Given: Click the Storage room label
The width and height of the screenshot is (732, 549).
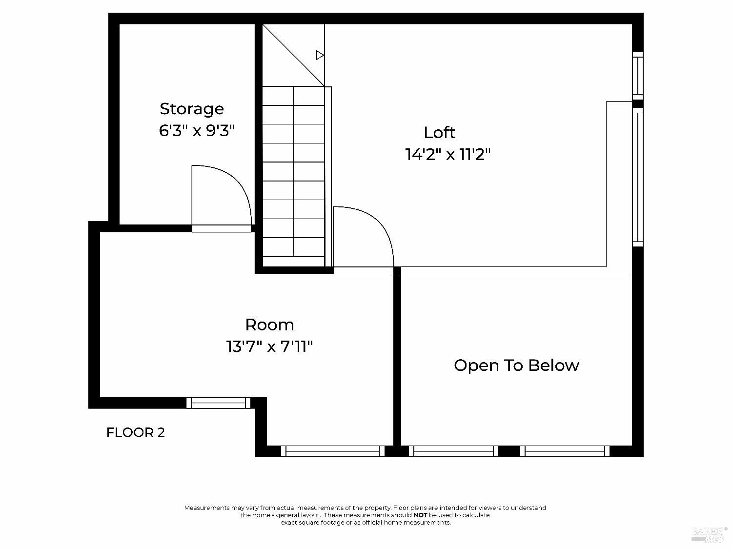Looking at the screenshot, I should pos(192,109).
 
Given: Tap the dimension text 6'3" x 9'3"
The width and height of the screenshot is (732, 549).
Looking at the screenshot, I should pos(197,131).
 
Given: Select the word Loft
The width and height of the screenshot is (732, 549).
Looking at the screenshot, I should pos(439,133).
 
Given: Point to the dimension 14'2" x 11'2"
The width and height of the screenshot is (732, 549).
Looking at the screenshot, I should pos(447,155).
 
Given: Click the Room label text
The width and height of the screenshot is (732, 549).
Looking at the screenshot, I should pos(269,325).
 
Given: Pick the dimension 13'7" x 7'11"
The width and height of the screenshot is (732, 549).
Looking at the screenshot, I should pos(269,347).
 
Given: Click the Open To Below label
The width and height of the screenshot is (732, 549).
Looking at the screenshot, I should pos(516,366).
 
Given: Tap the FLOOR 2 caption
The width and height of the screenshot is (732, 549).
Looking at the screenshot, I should pos(136,432).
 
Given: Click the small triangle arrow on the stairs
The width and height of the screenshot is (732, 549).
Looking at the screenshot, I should pos(320,55).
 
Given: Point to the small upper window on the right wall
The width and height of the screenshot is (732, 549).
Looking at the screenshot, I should pos(638,76).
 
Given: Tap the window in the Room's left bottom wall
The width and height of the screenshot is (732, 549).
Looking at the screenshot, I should pos(218,403).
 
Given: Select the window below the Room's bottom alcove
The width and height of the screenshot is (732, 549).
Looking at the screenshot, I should pos(333,451).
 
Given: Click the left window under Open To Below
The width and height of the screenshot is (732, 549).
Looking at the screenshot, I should pos(453,451).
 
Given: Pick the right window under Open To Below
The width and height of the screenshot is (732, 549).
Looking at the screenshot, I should pos(565,451).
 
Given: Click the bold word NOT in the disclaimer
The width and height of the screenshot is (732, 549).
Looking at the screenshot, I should pos(420,515).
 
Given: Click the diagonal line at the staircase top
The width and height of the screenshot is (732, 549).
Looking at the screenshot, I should pos(293,55).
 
